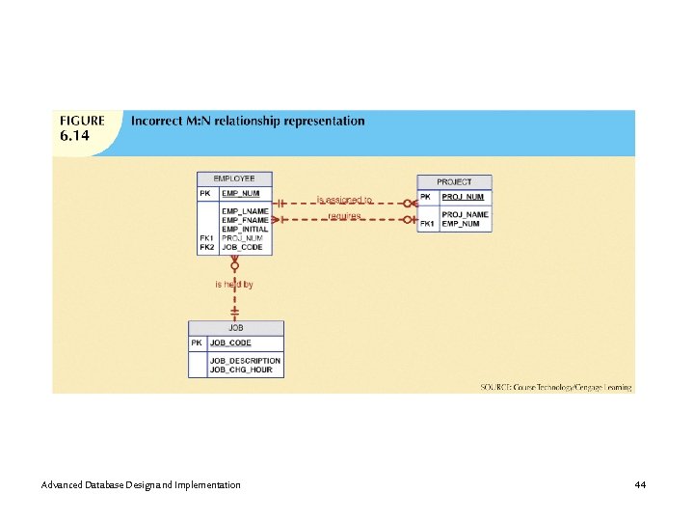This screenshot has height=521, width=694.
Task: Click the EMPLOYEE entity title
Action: [234, 178]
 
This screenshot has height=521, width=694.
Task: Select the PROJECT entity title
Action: [454, 181]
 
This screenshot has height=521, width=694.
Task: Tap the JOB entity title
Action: [236, 328]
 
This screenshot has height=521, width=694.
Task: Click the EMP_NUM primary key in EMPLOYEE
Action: [241, 193]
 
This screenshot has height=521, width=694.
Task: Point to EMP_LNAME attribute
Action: [245, 210]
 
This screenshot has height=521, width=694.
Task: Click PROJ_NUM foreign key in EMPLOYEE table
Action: [242, 237]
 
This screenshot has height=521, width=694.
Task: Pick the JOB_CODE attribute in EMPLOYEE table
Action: [242, 247]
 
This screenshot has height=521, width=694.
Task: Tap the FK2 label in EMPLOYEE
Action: [206, 247]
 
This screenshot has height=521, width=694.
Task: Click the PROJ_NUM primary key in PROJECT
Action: [463, 197]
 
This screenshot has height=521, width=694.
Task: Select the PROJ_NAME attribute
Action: [465, 214]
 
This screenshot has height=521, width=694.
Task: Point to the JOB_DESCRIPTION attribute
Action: [245, 361]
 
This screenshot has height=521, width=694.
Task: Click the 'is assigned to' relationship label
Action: [344, 200]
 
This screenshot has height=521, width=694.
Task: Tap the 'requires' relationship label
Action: [344, 216]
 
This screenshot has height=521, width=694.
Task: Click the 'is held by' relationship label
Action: [234, 285]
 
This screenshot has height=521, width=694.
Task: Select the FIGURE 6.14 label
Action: [83, 128]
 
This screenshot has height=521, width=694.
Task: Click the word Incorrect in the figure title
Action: [159, 122]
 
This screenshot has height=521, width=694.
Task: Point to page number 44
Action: [640, 483]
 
